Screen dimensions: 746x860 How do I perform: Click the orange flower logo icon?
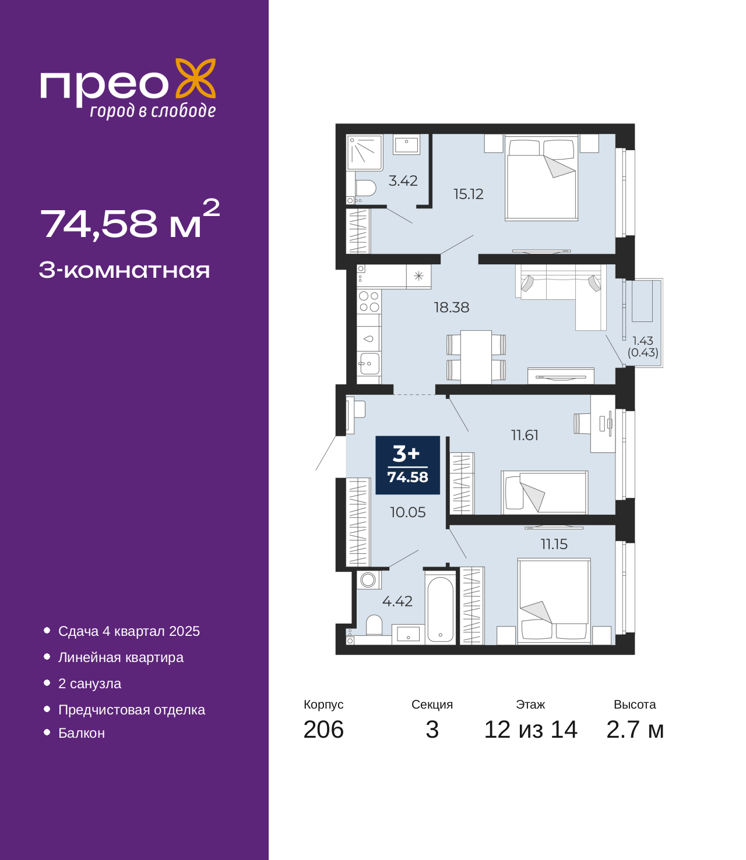195,79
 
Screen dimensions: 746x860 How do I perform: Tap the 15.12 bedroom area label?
468,194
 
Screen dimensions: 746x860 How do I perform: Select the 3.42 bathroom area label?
403,181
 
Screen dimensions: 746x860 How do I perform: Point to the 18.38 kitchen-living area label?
452,307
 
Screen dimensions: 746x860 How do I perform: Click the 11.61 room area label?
525,435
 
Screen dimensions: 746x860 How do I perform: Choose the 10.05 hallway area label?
407,512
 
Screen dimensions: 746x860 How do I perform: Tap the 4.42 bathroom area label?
397,601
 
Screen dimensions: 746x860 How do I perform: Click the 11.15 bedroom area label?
554,544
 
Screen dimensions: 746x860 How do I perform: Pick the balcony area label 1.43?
643,341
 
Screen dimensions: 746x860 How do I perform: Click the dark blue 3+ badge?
408,465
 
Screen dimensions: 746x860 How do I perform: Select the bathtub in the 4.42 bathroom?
440,608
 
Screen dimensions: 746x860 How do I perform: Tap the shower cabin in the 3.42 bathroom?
364,153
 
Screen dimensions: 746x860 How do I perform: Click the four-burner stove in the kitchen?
369,302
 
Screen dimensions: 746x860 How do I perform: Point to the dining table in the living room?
476,357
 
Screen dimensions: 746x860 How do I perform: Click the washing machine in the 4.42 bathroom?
368,579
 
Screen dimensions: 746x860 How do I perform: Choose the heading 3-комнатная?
125,270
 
